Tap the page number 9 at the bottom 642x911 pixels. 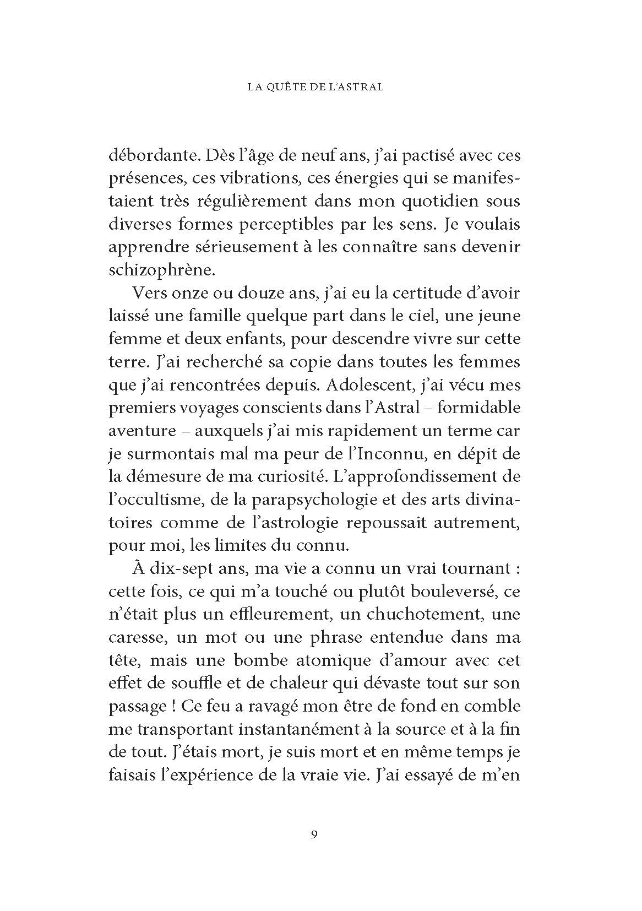(314, 849)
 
